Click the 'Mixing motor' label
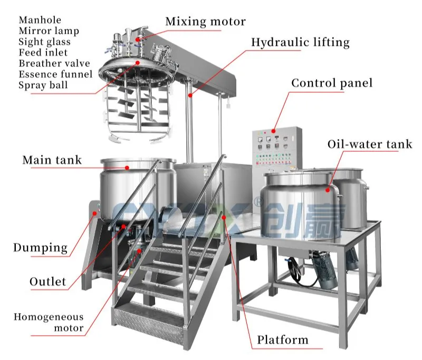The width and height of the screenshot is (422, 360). coord(206,22)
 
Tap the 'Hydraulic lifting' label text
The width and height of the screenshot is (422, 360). coord(300,43)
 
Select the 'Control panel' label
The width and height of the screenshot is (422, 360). coord(332,83)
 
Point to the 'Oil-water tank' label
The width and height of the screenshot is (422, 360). coord(370,144)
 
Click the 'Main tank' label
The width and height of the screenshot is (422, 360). coord(52,160)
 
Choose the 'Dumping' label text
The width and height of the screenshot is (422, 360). coord(41,248)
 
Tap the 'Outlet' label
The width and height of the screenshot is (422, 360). coord(47,281)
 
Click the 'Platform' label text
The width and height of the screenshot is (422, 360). coord(283,340)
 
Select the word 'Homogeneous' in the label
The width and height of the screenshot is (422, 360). coord(49,317)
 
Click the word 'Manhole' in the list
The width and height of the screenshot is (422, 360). coord(40,20)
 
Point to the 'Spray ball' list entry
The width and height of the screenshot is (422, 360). coord(43,85)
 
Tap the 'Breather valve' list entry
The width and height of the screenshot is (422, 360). coord(54,63)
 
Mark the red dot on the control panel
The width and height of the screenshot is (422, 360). coord(273,131)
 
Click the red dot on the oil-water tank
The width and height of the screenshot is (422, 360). coord(328,190)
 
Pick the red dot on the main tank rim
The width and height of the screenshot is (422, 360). coord(127,168)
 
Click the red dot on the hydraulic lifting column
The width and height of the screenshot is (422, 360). coord(190,95)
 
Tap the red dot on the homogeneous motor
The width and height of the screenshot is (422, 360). coord(139,251)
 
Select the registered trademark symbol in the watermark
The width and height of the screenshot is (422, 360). coord(259,202)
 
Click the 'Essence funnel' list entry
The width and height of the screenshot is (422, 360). coord(55,74)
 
